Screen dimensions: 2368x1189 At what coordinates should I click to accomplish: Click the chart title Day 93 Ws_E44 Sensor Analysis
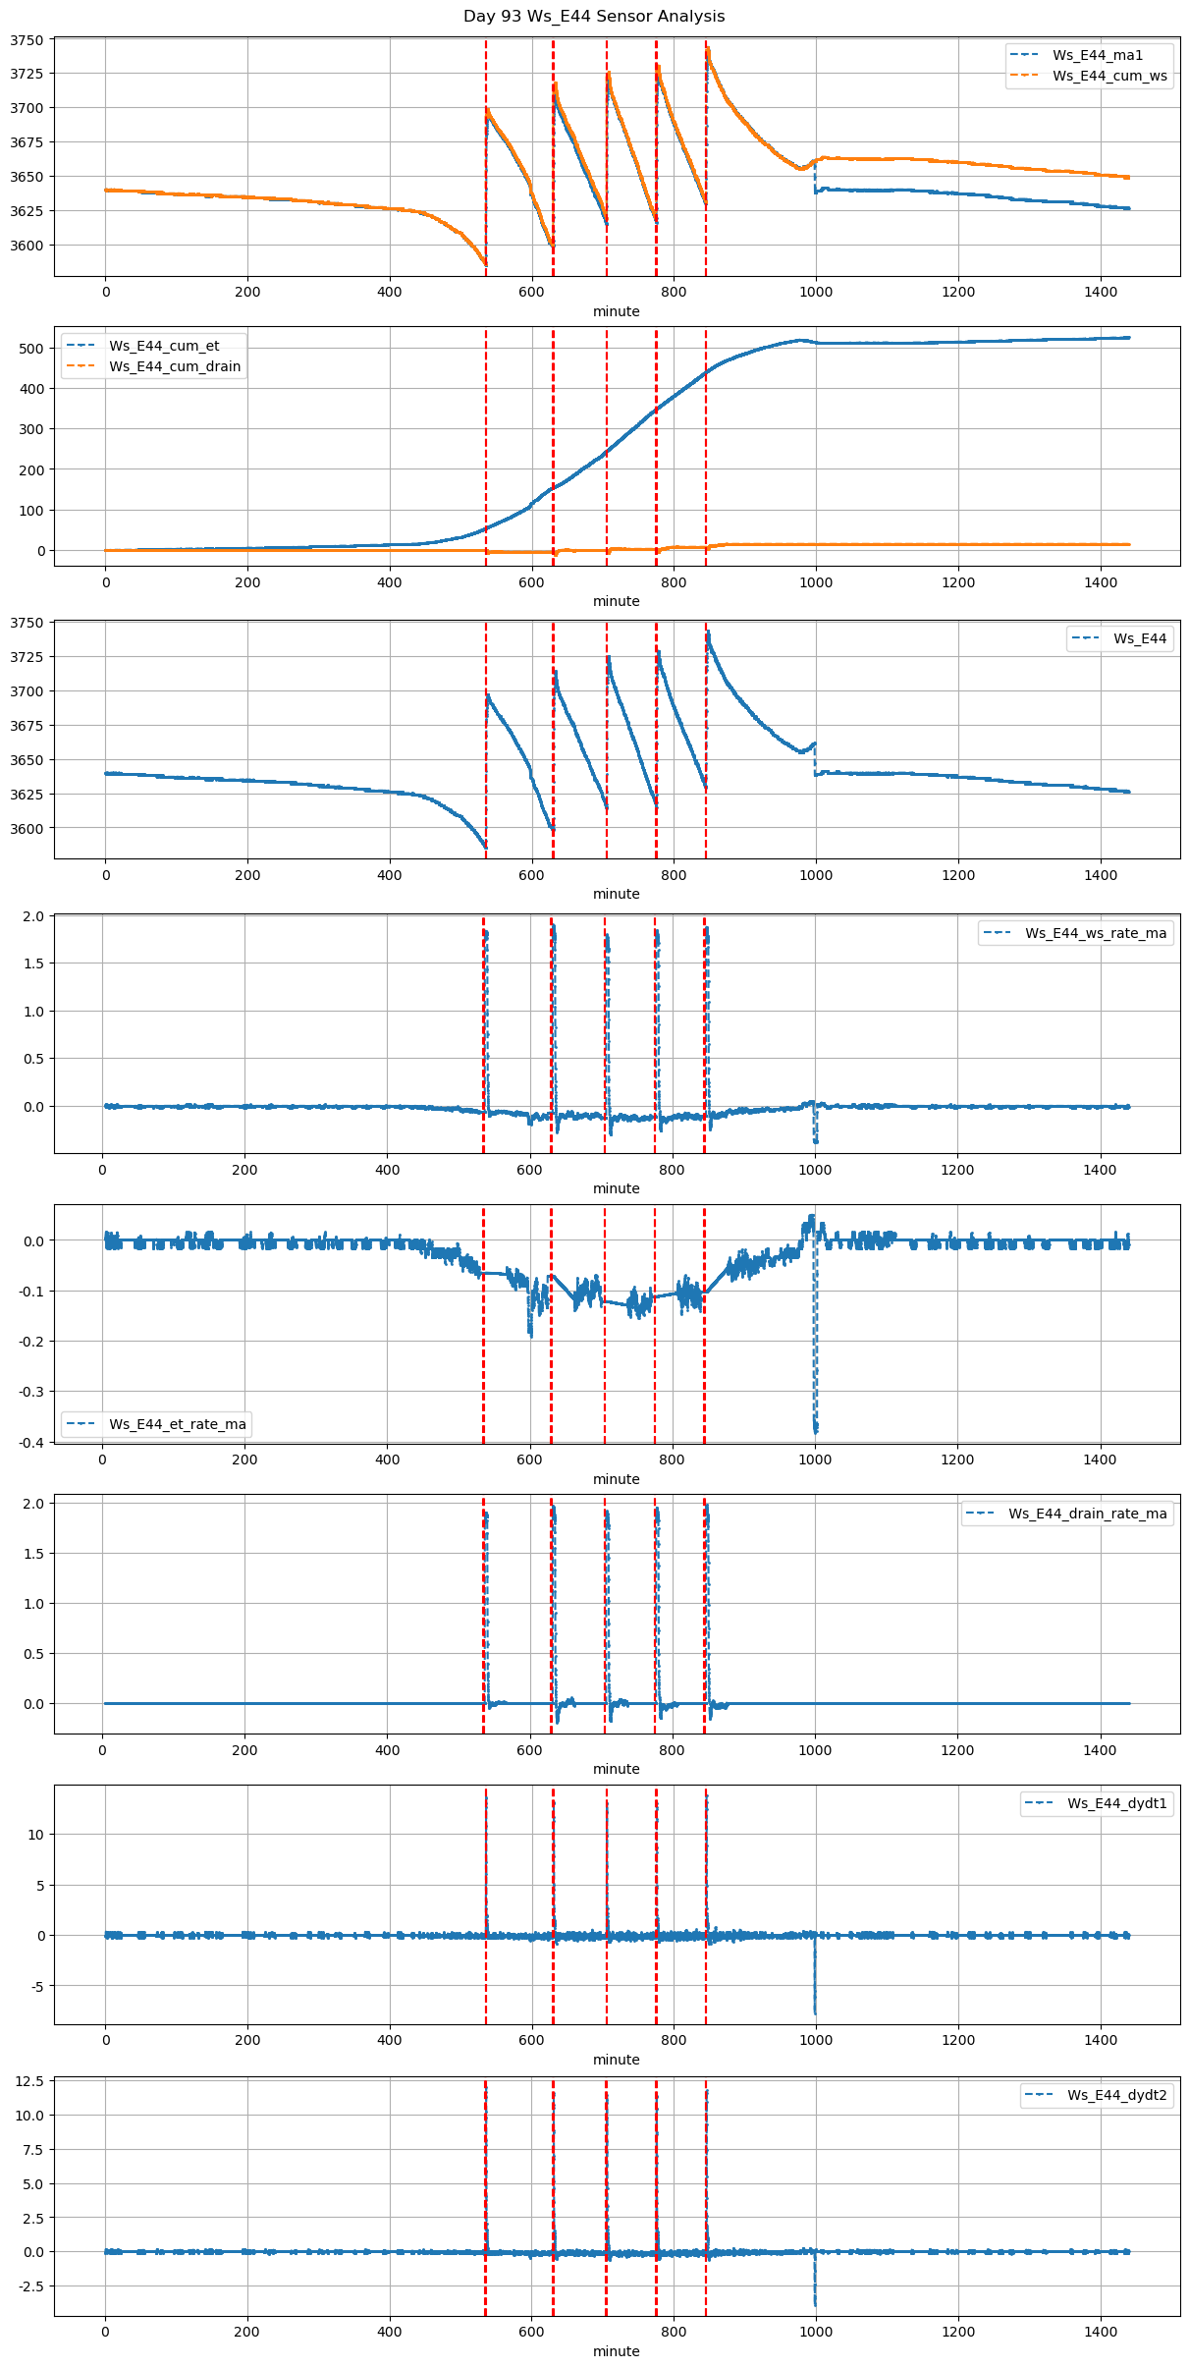click(x=594, y=17)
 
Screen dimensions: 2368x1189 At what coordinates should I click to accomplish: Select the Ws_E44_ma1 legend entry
click(x=1098, y=55)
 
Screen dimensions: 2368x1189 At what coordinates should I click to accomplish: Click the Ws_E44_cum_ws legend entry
click(x=1109, y=76)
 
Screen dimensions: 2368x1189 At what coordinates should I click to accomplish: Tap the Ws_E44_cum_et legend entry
click(x=164, y=346)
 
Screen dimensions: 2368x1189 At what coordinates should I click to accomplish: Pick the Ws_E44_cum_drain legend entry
click(x=175, y=366)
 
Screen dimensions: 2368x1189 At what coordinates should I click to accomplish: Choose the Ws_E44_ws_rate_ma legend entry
click(x=1096, y=933)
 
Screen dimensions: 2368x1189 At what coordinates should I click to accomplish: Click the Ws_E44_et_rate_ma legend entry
click(x=178, y=1424)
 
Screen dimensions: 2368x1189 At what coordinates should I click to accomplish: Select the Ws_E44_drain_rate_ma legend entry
click(x=1087, y=1514)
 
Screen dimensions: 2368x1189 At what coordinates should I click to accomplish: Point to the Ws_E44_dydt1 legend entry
click(x=1117, y=1803)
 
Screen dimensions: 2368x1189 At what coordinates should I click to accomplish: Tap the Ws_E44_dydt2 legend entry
click(x=1117, y=2095)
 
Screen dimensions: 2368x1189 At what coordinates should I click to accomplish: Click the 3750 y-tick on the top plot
click(x=27, y=40)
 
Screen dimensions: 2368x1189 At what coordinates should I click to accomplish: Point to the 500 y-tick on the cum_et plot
click(x=31, y=349)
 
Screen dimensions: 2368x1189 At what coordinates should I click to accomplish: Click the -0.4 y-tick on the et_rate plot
click(x=31, y=1442)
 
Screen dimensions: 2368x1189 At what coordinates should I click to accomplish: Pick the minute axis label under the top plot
click(x=616, y=311)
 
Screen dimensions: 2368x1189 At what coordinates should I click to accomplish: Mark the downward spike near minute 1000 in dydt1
click(x=815, y=2004)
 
